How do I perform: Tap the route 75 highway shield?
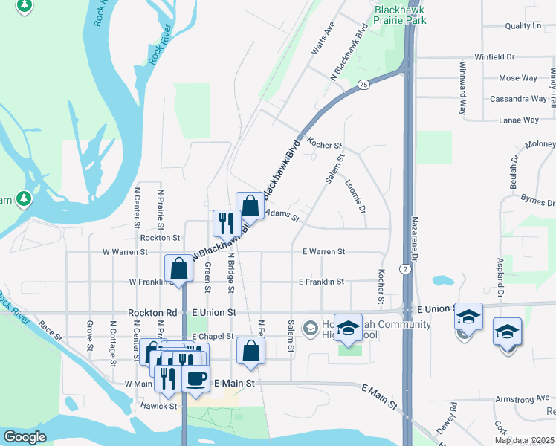[x=363, y=85]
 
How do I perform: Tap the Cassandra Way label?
[x=518, y=99]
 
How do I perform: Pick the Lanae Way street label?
[x=519, y=120]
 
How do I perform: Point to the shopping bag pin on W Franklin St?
[x=179, y=269]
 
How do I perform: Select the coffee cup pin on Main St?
[x=195, y=378]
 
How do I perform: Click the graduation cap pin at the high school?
[x=347, y=328]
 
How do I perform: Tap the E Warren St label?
[x=323, y=252]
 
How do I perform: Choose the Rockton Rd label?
[x=152, y=313]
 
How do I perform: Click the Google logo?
[x=25, y=437]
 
